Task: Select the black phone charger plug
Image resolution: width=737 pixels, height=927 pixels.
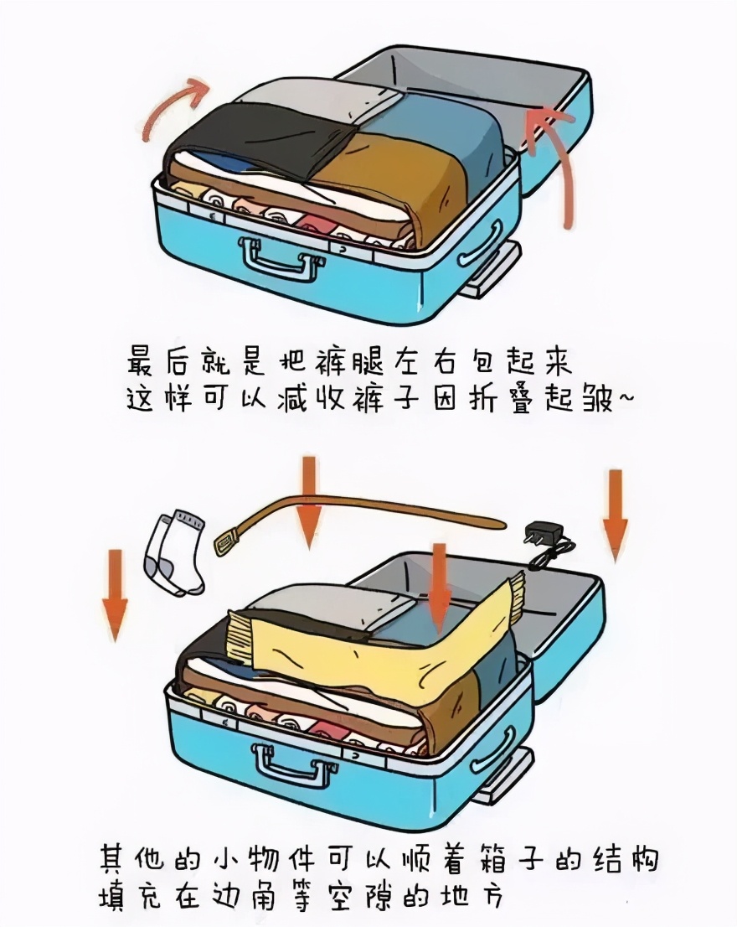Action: [539, 533]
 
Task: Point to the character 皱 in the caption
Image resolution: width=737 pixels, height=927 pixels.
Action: [595, 399]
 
